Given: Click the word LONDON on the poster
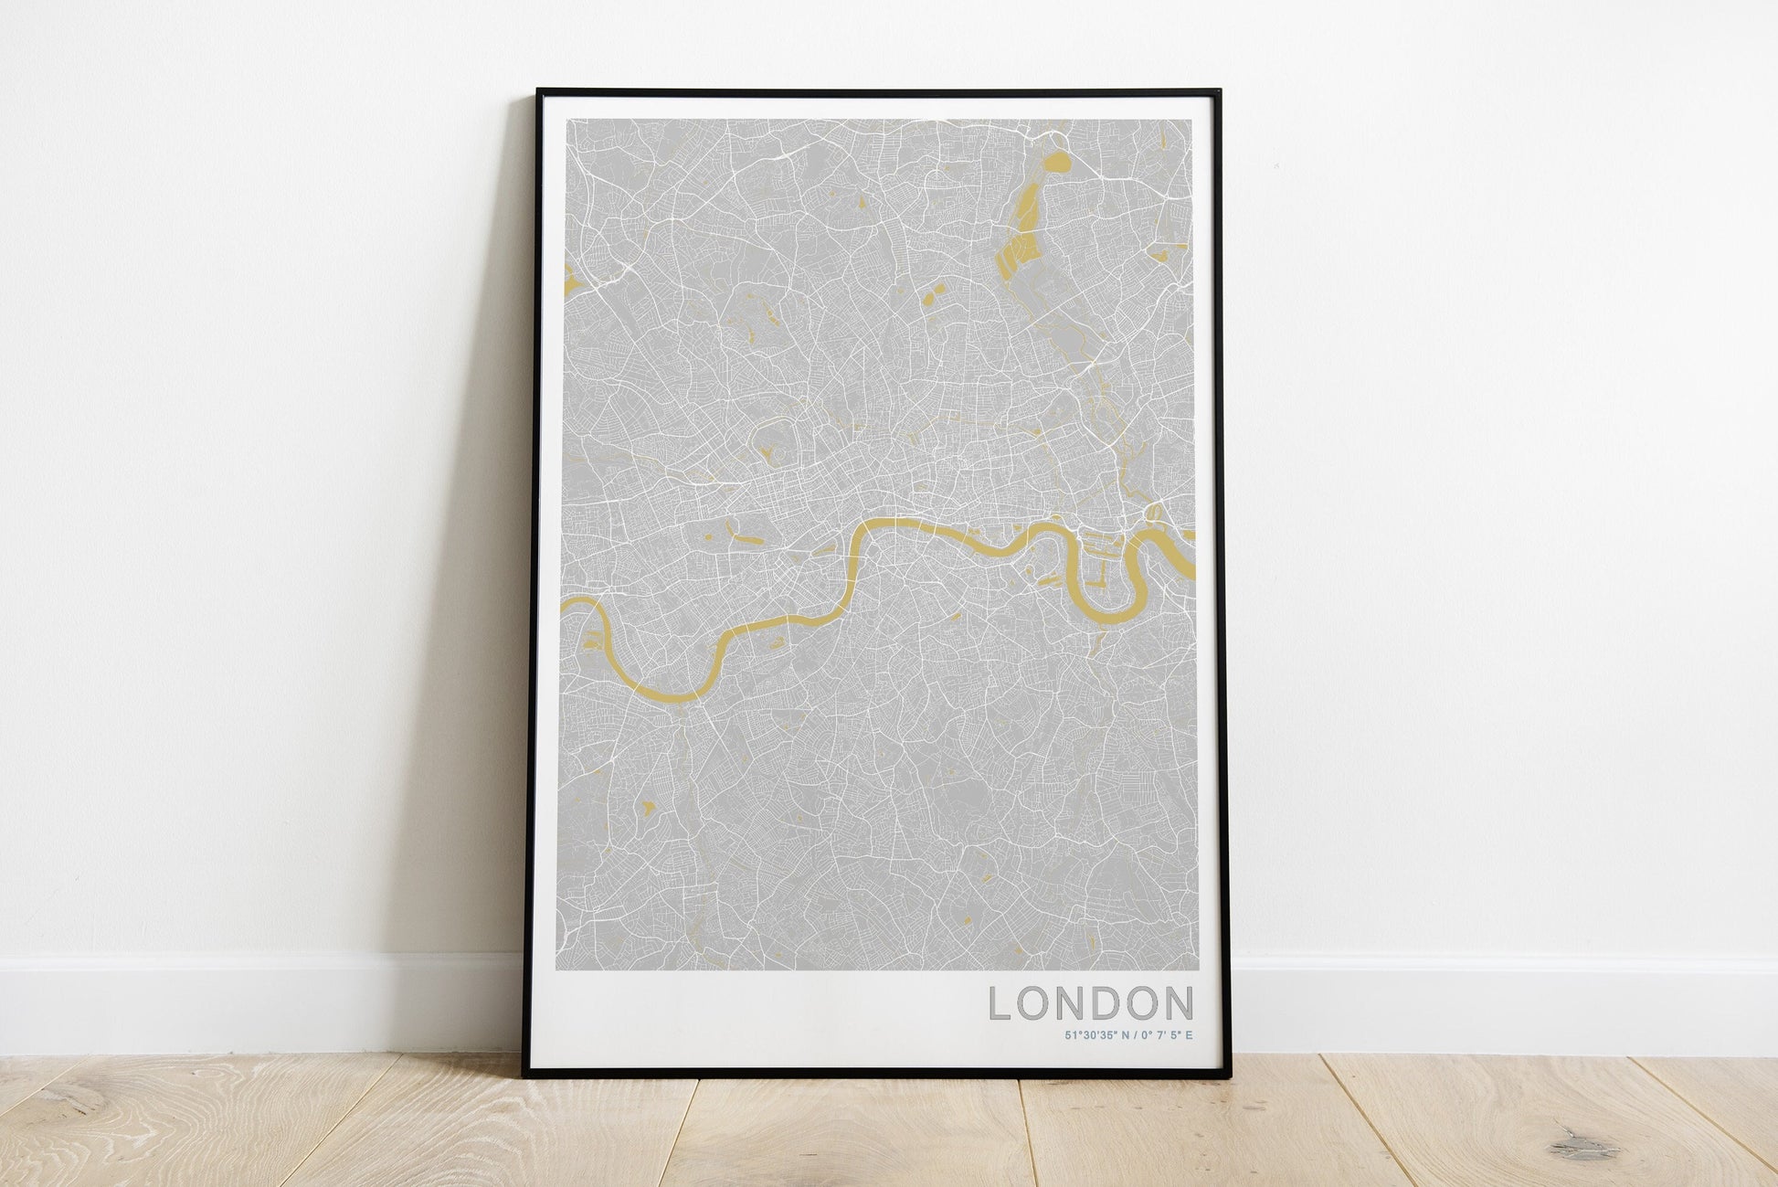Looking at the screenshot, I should (1092, 1003).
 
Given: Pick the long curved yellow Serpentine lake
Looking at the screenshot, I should (743, 533).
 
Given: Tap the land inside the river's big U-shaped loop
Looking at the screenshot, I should (1111, 576).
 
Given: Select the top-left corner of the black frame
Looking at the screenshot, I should (539, 91).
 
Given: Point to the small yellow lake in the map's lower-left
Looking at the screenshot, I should (649, 807).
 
